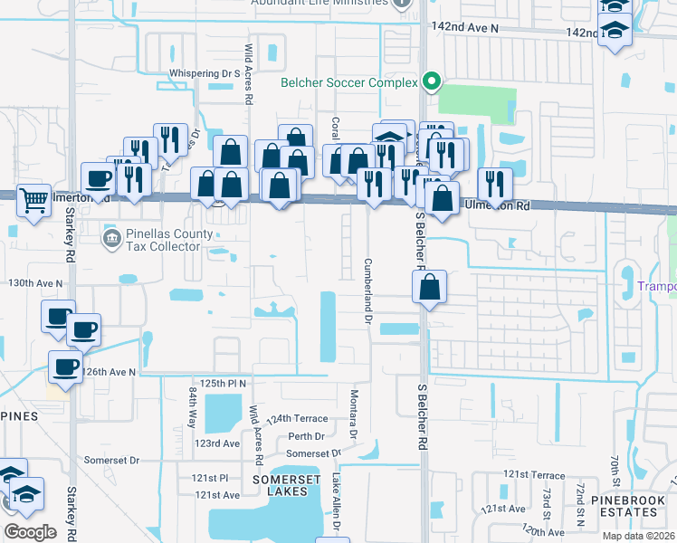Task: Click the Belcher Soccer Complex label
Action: pos(348,82)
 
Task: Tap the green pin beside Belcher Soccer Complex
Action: pos(433,82)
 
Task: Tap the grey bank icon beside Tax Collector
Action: pos(110,239)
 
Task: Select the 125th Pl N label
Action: pos(224,384)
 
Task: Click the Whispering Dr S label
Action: pos(204,73)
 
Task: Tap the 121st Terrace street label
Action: pos(534,473)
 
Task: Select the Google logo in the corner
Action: pos(30,531)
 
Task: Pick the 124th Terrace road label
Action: pos(295,419)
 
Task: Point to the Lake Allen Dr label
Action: pos(337,500)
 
